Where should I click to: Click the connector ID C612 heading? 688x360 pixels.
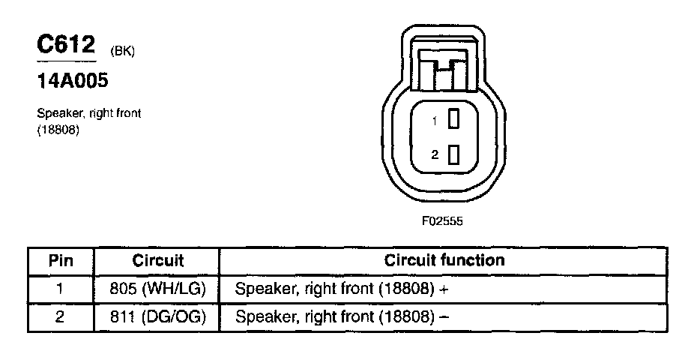click(66, 45)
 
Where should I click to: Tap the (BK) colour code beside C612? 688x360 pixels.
click(122, 51)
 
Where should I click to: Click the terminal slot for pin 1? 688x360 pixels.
click(453, 119)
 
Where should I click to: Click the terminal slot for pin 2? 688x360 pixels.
click(453, 155)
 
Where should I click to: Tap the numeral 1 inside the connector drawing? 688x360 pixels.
click(434, 120)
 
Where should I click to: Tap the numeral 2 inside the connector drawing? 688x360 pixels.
click(434, 155)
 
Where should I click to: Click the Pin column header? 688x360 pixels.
click(61, 261)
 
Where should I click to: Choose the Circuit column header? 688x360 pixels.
click(158, 261)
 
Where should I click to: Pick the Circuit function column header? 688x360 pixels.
click(444, 261)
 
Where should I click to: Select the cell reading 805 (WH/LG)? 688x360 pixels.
click(158, 288)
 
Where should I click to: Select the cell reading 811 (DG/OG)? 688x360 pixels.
click(158, 316)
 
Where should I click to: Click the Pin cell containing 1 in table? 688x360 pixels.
click(61, 288)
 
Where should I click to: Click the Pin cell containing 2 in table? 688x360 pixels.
click(61, 316)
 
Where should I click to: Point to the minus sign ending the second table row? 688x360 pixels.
click(444, 316)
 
